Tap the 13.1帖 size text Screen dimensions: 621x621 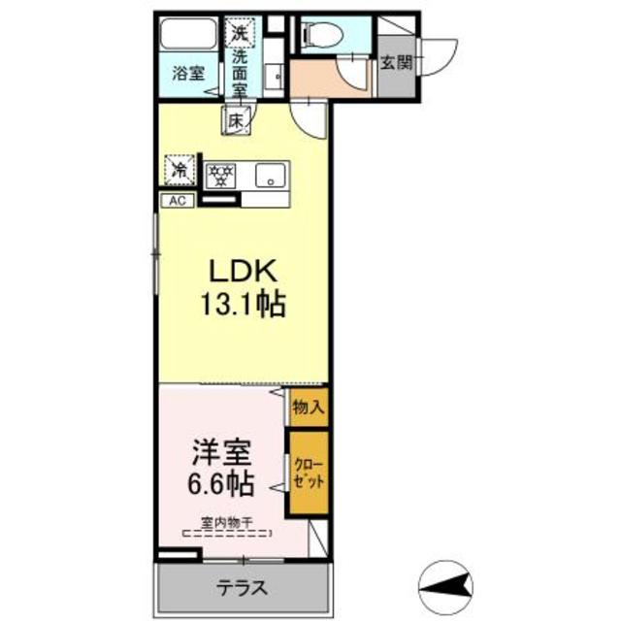tap(242, 307)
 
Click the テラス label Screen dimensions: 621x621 tap(242, 588)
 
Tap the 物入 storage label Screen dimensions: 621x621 tap(308, 408)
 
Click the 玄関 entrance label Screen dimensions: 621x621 tap(394, 62)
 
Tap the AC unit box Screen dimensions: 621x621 tap(178, 201)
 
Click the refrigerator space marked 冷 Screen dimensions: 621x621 tap(180, 169)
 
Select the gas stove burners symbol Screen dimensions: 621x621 tap(222, 176)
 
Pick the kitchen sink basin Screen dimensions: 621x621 tap(269, 176)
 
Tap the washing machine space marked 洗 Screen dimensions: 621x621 tap(239, 32)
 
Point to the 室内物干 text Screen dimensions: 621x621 tap(226, 522)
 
